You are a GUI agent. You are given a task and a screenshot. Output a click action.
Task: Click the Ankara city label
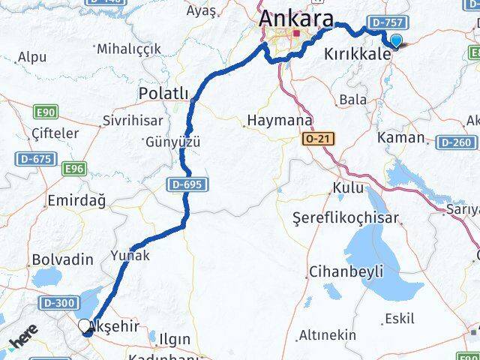pos(295,18)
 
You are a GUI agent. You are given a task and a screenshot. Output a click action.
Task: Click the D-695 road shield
pos(187,184)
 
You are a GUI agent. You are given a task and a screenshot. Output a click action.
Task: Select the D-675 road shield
pos(34,159)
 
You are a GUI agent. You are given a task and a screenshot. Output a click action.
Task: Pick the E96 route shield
pos(73,169)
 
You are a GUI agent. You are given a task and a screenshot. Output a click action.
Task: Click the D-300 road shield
pos(58,302)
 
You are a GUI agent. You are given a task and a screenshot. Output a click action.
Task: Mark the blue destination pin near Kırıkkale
pos(395,43)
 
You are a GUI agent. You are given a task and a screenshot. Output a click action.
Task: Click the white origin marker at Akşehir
pos(85,325)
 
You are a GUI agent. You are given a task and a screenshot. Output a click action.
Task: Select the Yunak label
pos(130,255)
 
